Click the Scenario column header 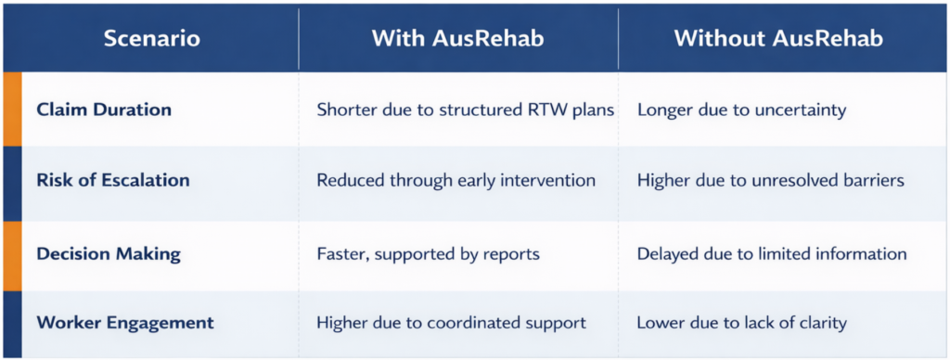(151, 39)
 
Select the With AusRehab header (457, 39)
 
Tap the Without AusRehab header (778, 39)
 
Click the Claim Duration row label (104, 109)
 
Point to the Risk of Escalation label (113, 180)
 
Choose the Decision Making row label (109, 254)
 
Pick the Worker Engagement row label (125, 323)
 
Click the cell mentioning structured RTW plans (466, 110)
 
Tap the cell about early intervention (456, 181)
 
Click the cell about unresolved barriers (771, 181)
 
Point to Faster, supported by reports (429, 254)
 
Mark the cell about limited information (772, 254)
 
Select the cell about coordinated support (452, 323)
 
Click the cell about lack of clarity (741, 323)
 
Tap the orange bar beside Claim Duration (12, 109)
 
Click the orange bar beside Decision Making (12, 256)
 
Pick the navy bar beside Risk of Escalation (12, 184)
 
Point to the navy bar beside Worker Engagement (12, 324)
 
